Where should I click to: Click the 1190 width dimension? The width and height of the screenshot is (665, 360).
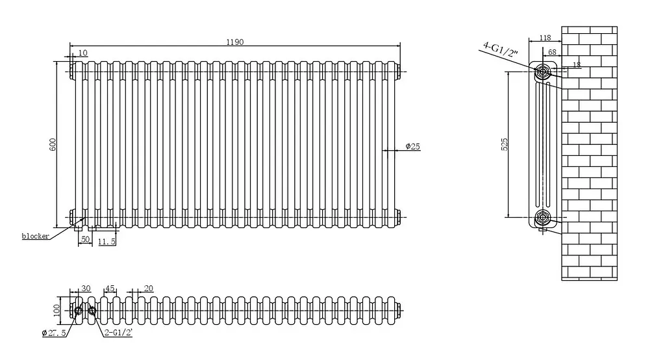click(235, 42)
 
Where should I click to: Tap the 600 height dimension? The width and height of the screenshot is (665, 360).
click(53, 144)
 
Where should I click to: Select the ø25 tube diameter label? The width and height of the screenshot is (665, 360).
click(412, 146)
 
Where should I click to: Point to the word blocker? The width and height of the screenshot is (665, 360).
click(36, 236)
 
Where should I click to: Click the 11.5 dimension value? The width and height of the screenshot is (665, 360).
click(107, 242)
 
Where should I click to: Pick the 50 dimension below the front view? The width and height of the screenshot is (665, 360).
click(85, 239)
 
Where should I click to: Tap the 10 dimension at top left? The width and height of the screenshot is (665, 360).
click(83, 53)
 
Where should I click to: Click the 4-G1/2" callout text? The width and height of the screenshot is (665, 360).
click(501, 49)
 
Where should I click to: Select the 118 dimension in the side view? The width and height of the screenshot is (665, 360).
click(545, 38)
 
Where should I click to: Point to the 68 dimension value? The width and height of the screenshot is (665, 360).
click(552, 52)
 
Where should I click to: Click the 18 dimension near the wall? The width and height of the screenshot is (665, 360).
click(577, 65)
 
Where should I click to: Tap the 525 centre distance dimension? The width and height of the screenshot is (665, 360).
click(504, 144)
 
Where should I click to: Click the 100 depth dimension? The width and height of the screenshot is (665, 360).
click(57, 310)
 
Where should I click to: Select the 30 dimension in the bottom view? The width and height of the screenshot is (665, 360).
click(86, 289)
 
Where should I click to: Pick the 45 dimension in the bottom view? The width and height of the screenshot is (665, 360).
click(110, 289)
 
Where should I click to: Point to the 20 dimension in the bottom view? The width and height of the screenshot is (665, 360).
click(149, 289)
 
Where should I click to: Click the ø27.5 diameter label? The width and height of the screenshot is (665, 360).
click(54, 333)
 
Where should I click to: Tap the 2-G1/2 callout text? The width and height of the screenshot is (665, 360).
click(118, 333)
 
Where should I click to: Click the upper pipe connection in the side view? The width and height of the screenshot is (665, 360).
click(542, 71)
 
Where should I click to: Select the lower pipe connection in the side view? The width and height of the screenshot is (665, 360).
click(542, 218)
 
